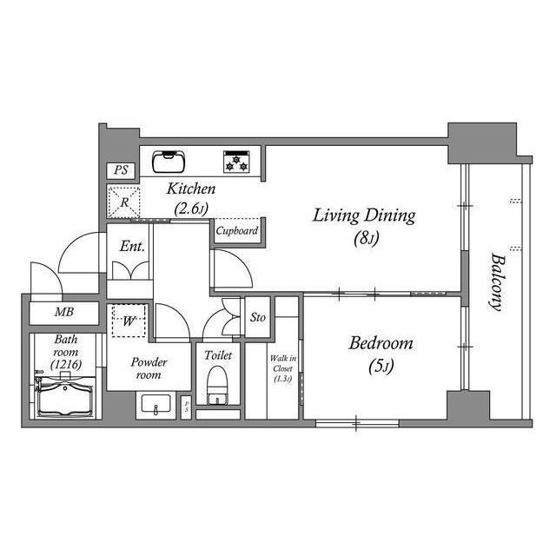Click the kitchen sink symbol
(x=169, y=162)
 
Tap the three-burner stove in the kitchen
(x=236, y=162)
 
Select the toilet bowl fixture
(x=216, y=385)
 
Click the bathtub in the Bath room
(x=66, y=396)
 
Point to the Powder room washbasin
(x=156, y=403)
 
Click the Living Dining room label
(x=364, y=216)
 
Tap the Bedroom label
(x=381, y=344)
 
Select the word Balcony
(x=497, y=281)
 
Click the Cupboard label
(x=237, y=231)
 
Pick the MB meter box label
(x=64, y=312)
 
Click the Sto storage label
(x=258, y=317)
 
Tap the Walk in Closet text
(x=283, y=363)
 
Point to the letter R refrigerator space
(x=124, y=202)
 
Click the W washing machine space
(x=129, y=321)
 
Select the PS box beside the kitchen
(x=121, y=170)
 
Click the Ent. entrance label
(x=132, y=247)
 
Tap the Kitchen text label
(x=191, y=189)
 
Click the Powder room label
(x=149, y=368)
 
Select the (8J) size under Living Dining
(x=367, y=238)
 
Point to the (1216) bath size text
(x=66, y=364)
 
